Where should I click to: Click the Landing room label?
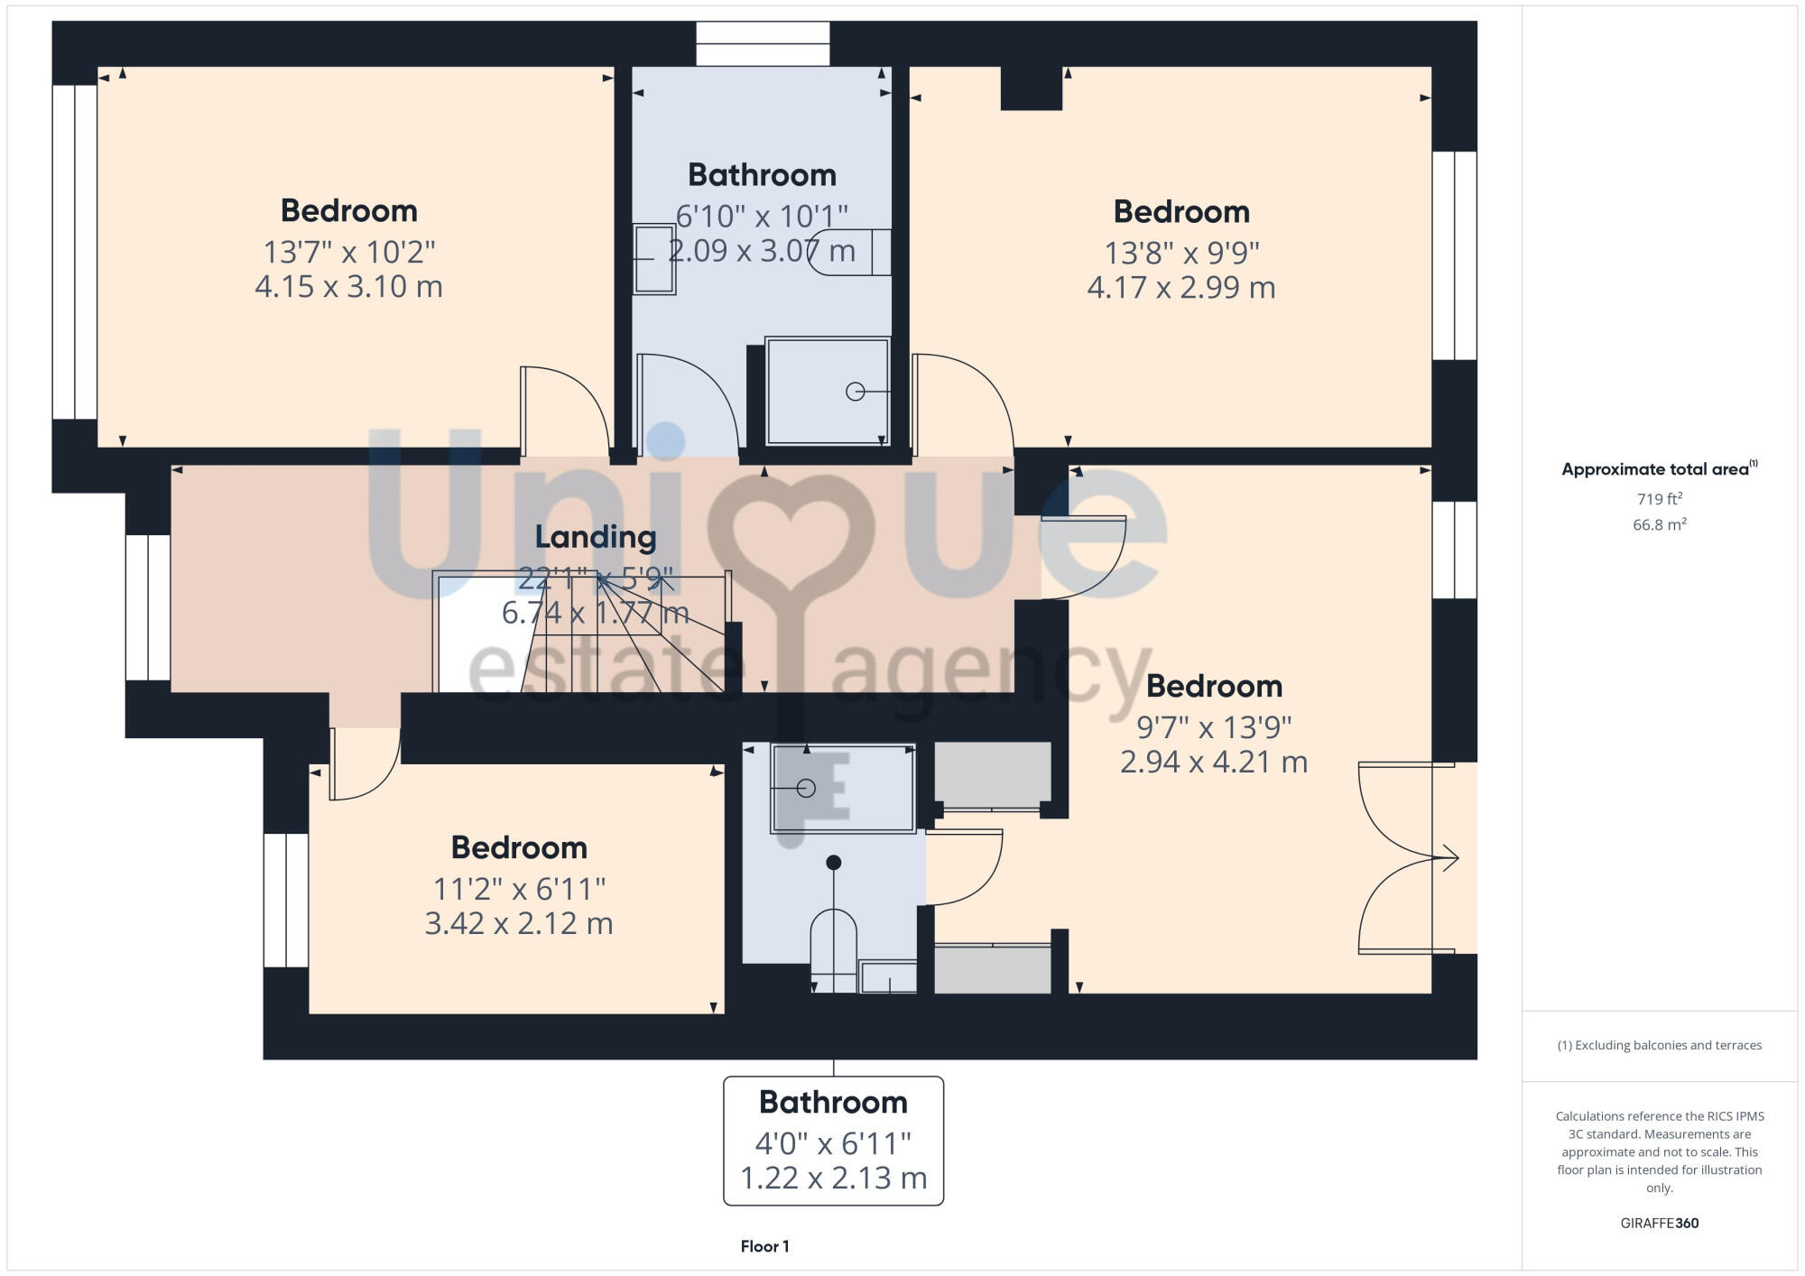click(x=595, y=537)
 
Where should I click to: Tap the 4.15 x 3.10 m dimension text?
click(x=348, y=287)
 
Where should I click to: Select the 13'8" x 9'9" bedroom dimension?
click(x=1181, y=253)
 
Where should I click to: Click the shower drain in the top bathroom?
click(x=855, y=392)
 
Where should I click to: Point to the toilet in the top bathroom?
click(x=848, y=252)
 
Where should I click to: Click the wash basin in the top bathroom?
click(x=653, y=259)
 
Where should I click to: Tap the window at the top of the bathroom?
click(x=763, y=44)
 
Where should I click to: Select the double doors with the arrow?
click(x=1403, y=858)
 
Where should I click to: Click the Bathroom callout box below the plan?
click(x=833, y=1140)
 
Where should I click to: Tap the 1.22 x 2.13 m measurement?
click(x=833, y=1179)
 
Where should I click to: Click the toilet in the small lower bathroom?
click(x=833, y=948)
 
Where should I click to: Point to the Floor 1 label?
click(x=764, y=1246)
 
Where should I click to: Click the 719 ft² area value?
click(x=1659, y=499)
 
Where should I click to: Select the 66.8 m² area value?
click(x=1659, y=524)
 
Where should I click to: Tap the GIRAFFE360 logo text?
click(x=1659, y=1224)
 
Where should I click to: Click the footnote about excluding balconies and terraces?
click(x=1659, y=1045)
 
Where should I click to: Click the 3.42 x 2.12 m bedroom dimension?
click(x=519, y=924)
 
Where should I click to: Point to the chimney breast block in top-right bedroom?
click(x=1031, y=88)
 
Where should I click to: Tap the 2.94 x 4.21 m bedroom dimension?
click(x=1213, y=763)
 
